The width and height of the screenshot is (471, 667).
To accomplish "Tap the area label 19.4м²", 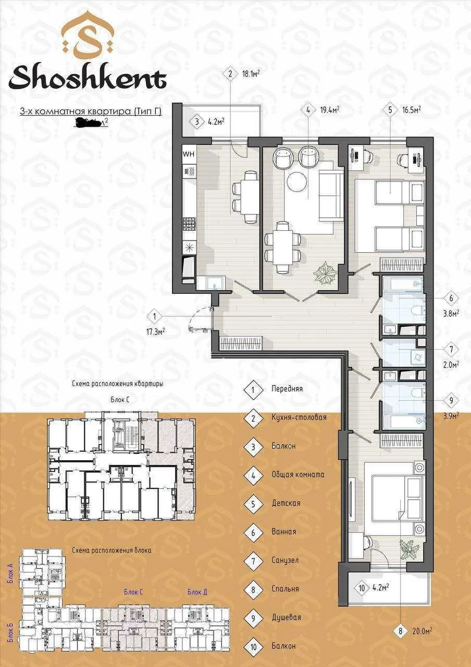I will (x=330, y=110).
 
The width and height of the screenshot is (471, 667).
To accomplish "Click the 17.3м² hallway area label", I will (x=156, y=330).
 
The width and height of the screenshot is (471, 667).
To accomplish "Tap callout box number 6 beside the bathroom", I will (x=451, y=299).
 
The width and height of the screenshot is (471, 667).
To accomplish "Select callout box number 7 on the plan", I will (x=451, y=348).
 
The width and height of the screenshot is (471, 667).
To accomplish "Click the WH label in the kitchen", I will (x=188, y=154).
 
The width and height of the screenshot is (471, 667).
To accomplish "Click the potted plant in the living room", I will (x=327, y=273).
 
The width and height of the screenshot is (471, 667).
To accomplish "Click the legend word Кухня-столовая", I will (x=299, y=417).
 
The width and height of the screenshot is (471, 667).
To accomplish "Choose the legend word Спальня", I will (x=285, y=589).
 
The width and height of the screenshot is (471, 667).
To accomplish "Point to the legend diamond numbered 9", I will (x=253, y=617).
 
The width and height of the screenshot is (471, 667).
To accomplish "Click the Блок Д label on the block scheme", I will (x=197, y=592).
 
